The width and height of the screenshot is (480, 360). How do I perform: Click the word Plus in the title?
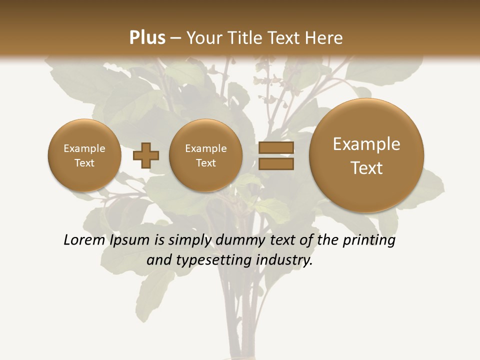point(147,38)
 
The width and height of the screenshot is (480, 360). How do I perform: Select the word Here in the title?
point(325,38)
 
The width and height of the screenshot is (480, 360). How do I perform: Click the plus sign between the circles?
point(146,155)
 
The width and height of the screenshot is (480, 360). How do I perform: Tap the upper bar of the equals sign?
point(276,148)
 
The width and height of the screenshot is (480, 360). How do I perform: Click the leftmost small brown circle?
point(84,155)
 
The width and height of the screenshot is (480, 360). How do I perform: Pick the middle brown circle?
point(205,155)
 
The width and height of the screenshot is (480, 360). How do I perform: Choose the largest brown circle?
point(366,155)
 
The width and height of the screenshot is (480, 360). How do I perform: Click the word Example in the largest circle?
point(366,144)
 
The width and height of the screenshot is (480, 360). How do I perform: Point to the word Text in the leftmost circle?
point(84,163)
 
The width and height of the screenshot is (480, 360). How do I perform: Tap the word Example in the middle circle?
point(205,148)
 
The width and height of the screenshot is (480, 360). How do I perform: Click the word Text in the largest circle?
point(366,168)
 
